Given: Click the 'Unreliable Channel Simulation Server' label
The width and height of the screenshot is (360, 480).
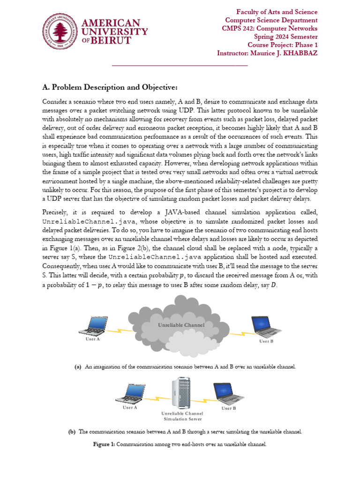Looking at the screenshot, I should [182, 416].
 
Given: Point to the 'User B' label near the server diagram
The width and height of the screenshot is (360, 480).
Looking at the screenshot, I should [228, 409].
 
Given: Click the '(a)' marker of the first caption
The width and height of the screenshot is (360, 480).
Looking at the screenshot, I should [78, 366].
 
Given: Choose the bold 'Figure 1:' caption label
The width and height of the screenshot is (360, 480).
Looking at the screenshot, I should [105, 444].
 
